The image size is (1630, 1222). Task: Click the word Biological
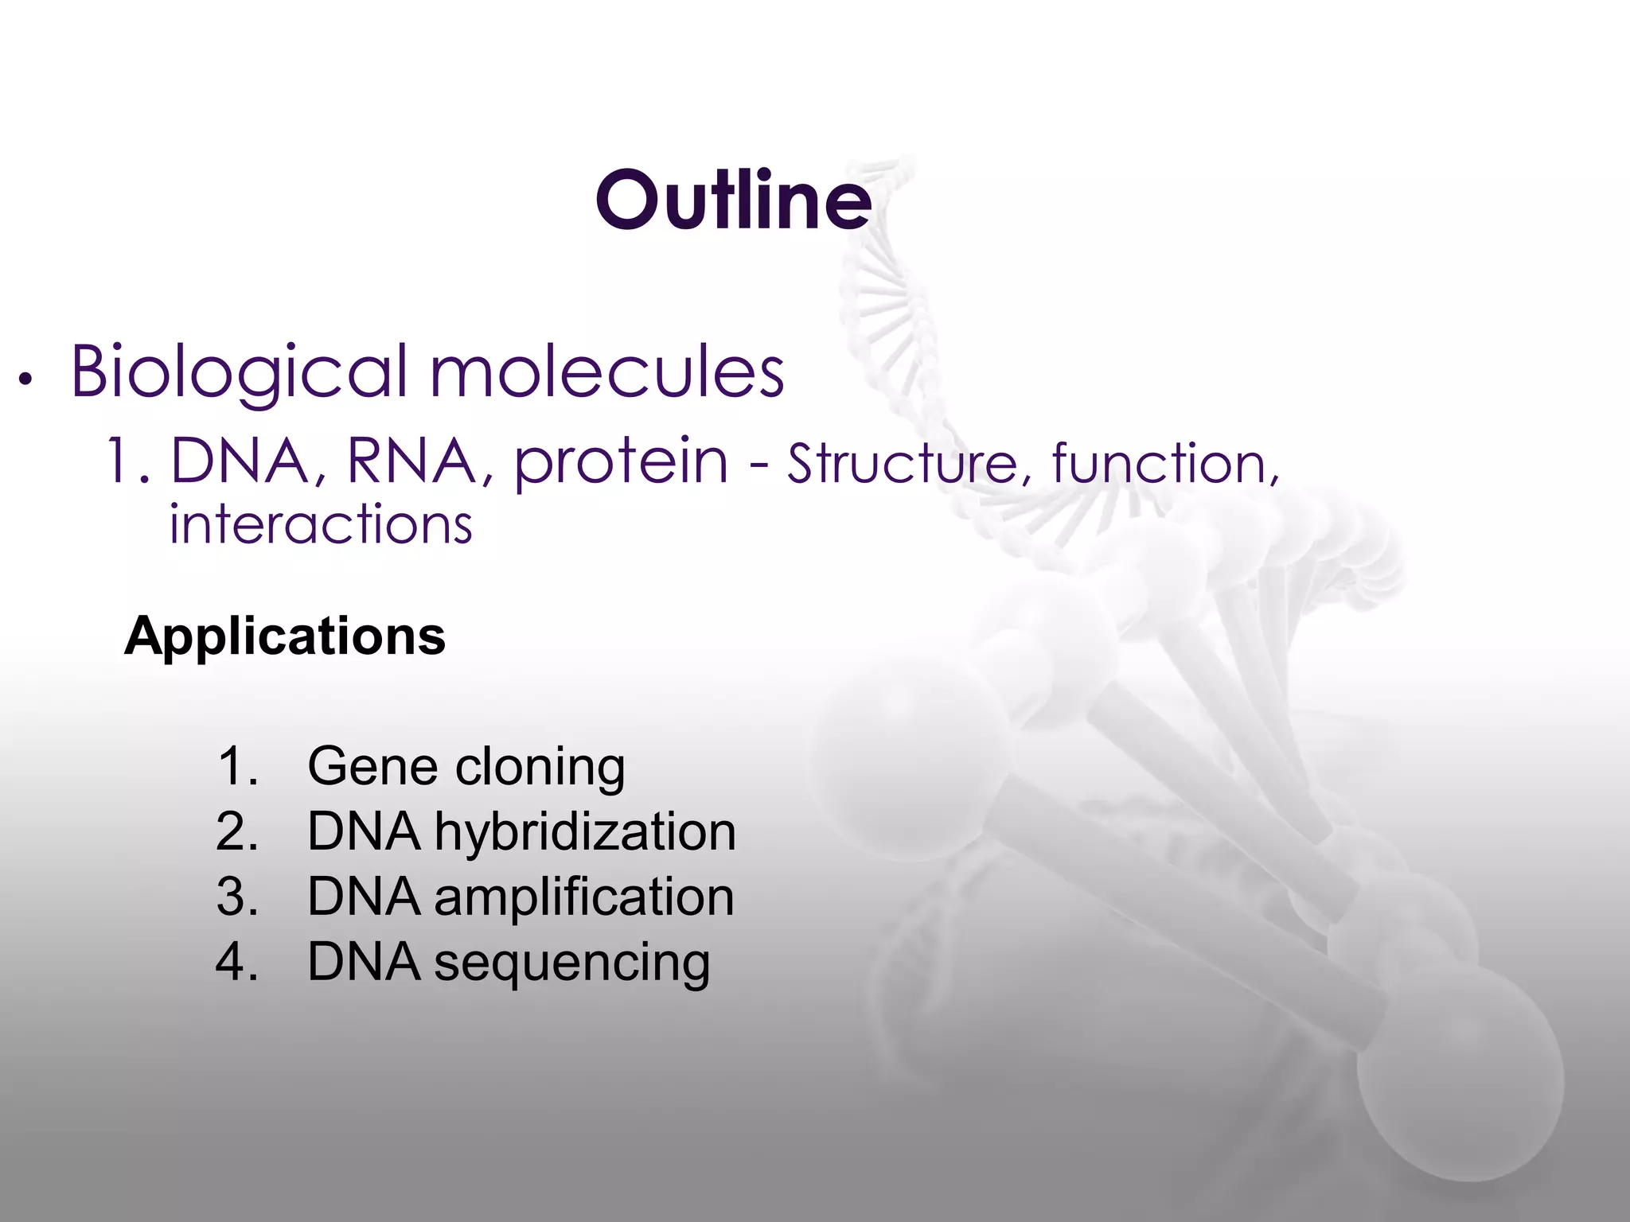pos(239,372)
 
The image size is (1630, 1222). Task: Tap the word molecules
pos(606,372)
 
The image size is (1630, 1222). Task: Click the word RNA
pos(411,461)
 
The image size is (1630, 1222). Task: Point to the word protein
pos(621,461)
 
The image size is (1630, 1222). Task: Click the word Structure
pos(903,463)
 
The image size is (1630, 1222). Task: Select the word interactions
pos(321,525)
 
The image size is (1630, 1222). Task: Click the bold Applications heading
pos(284,636)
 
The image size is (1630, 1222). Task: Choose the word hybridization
pos(584,832)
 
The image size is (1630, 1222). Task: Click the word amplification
pos(583,897)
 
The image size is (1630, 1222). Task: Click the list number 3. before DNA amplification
pos(237,897)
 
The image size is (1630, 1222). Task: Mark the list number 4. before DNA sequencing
pos(237,963)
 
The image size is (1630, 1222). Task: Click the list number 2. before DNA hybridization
pos(237,832)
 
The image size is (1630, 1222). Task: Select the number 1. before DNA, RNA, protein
pos(127,461)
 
